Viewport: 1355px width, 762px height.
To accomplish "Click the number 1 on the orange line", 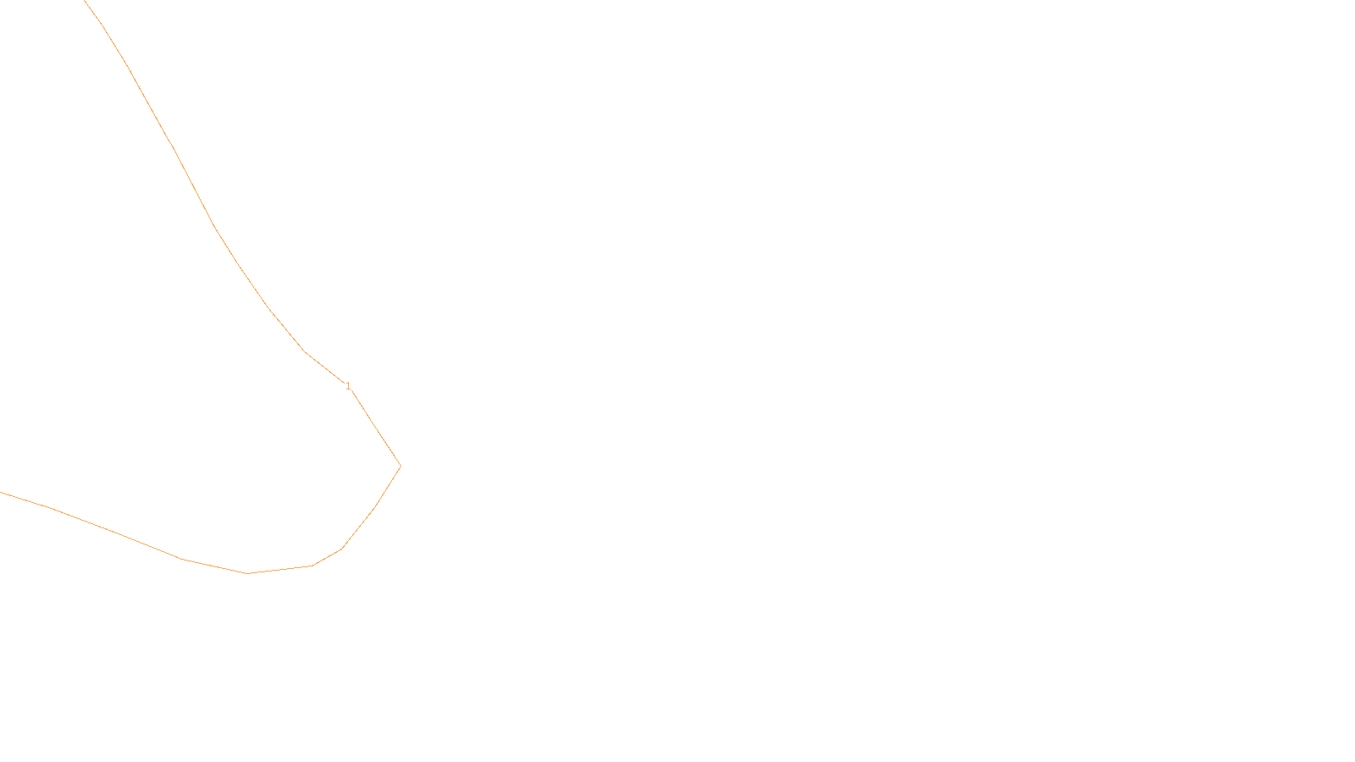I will click(x=348, y=386).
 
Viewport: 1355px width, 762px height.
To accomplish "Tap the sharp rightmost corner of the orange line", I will click(x=400, y=466).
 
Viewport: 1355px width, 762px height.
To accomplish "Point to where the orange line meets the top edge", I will click(x=86, y=1).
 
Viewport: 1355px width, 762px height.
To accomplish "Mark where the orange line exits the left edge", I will click(x=1, y=492).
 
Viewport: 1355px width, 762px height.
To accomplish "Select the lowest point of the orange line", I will click(x=247, y=573).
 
